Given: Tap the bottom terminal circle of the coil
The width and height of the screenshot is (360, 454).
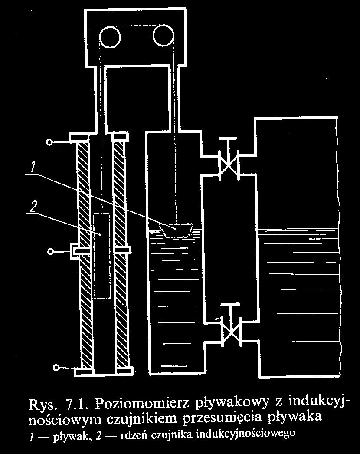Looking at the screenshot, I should click(x=56, y=368).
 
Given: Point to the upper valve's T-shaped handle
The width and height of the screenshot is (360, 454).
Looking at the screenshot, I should click(x=228, y=140).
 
